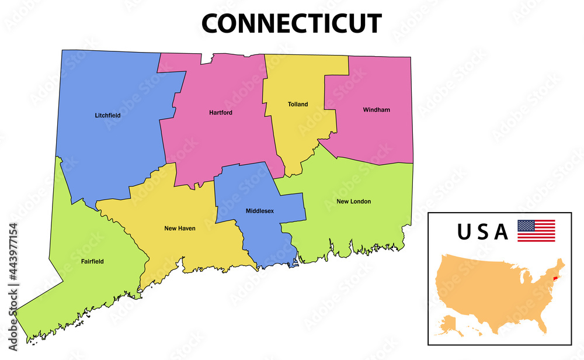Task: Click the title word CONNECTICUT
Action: pos(291,23)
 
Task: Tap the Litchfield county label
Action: pos(107,116)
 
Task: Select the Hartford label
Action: pos(221,112)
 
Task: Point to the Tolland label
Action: pos(298,105)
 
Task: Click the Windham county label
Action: pos(376,110)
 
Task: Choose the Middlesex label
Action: pos(259,210)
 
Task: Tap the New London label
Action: pos(353,202)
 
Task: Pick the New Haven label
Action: pos(179,229)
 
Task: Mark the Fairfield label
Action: pos(92,262)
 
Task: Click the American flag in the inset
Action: pos(536,231)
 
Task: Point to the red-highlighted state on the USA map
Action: pos(554,271)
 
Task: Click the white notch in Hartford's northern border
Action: pos(206,58)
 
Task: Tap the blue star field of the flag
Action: pos(526,226)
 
